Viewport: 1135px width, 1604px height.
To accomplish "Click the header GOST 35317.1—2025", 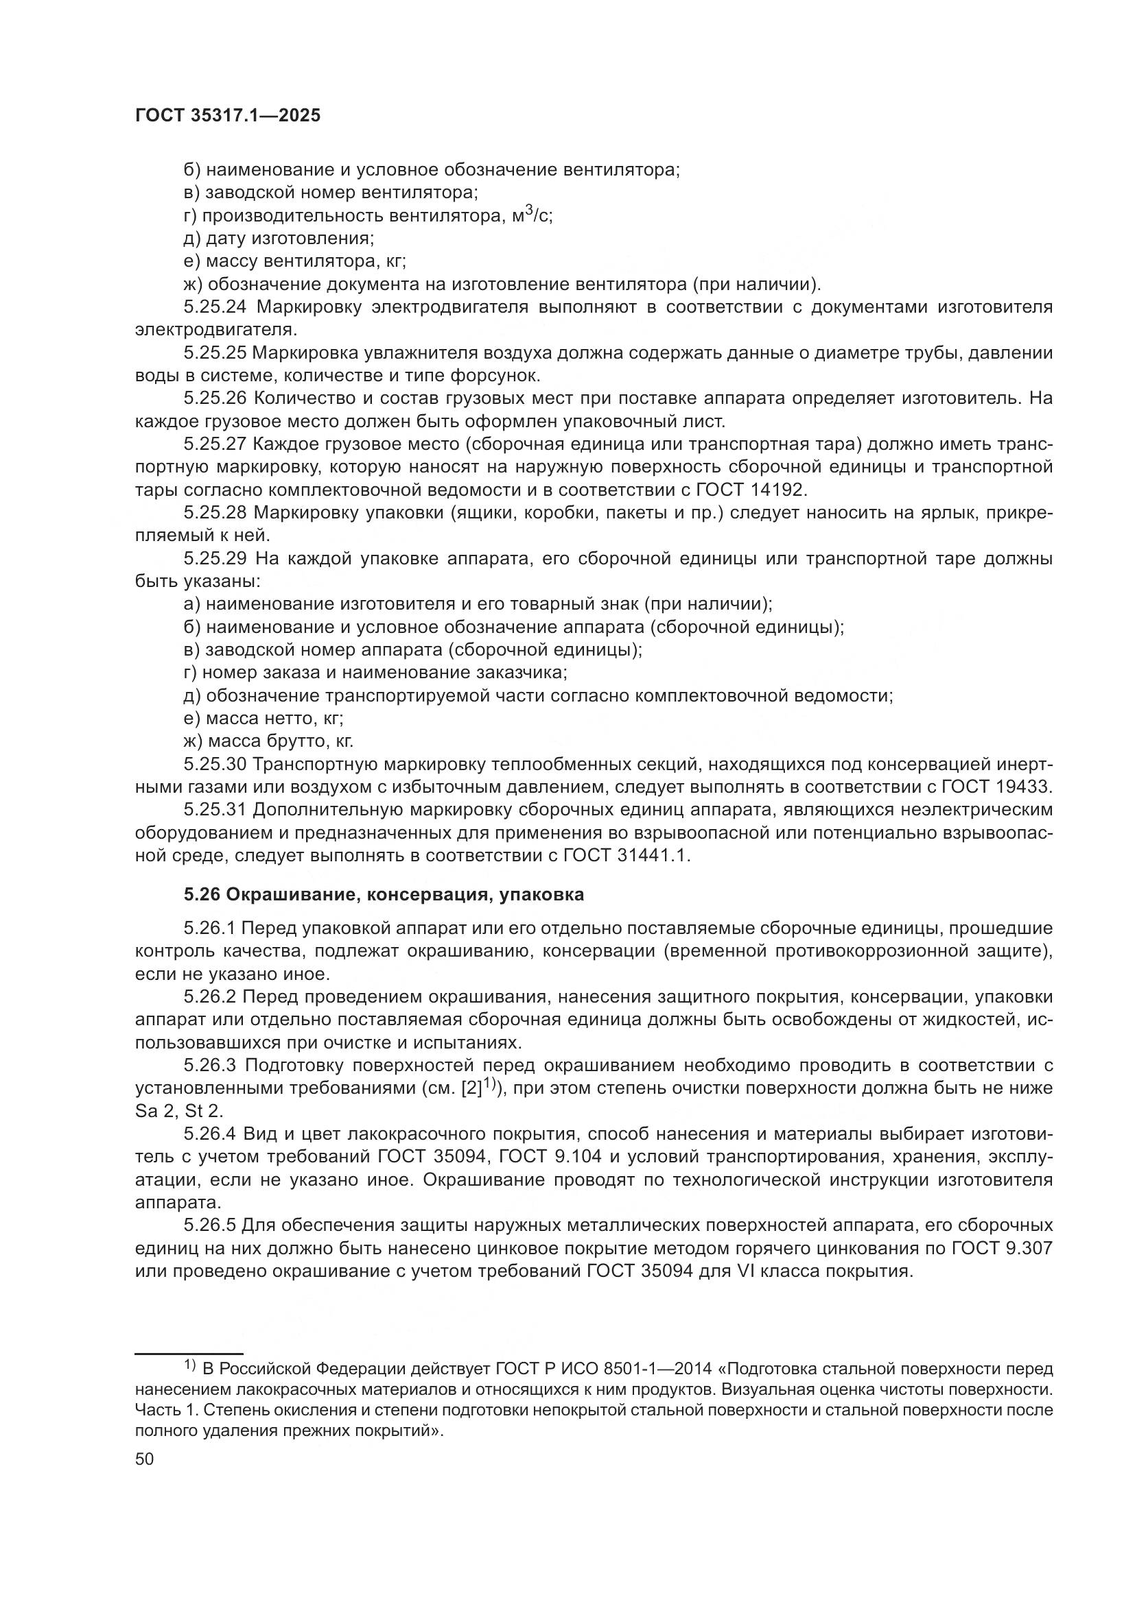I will pos(227,116).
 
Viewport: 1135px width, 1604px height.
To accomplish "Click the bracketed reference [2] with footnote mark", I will pos(478,1088).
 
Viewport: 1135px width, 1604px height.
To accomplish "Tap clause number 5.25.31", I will pos(215,810).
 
